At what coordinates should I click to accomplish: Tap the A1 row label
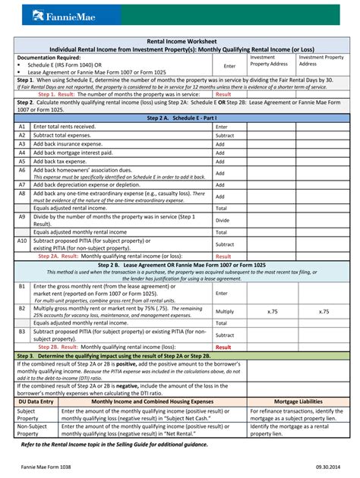click(22, 126)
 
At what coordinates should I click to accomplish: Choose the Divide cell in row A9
click(222, 219)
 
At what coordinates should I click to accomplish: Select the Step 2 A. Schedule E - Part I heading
click(179, 118)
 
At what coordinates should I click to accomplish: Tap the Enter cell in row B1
click(222, 293)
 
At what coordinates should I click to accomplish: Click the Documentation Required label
click(52, 57)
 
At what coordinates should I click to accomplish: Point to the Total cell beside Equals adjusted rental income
click(221, 207)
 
